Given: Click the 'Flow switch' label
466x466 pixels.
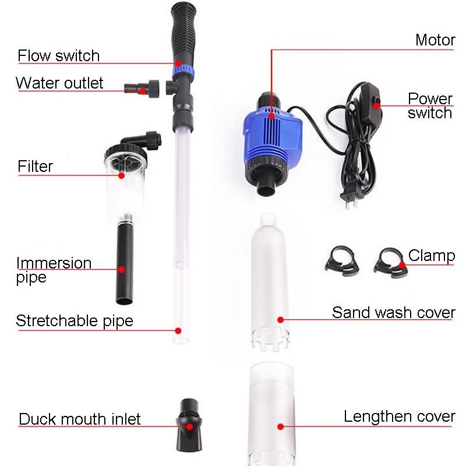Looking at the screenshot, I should tap(58, 56).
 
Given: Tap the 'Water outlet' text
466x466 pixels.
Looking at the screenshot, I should tap(59, 83).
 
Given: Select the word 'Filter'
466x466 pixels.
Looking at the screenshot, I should tap(35, 167).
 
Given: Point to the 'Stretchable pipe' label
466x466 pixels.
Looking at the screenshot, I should tap(75, 320).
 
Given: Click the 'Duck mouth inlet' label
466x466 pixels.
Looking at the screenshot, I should tap(80, 419).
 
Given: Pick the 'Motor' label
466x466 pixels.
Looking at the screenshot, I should tap(435, 40).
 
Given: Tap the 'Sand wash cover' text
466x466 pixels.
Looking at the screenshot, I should tap(393, 312).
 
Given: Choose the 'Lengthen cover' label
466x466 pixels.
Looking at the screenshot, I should tap(399, 417).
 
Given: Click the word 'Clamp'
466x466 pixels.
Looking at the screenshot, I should tap(432, 255).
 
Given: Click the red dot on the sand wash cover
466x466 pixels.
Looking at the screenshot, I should tap(280, 319).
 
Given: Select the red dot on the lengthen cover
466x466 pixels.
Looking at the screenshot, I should tap(280, 426).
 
